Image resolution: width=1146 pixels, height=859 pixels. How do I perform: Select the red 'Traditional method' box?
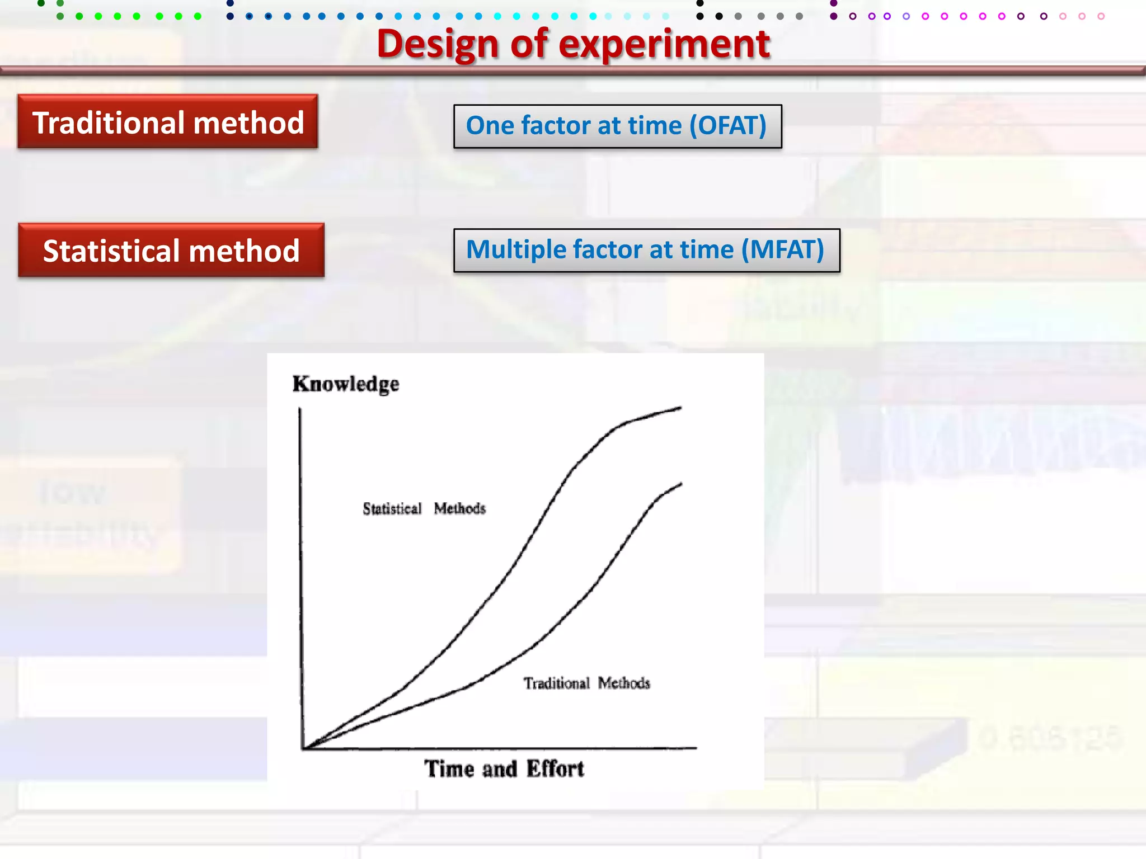pos(167,122)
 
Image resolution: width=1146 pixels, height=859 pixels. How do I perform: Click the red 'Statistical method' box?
pos(171,250)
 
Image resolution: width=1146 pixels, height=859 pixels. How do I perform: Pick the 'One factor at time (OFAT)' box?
pos(617,126)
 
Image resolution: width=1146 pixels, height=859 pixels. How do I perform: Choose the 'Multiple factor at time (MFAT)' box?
pos(646,250)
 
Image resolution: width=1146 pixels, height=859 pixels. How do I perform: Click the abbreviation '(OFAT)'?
pos(727,126)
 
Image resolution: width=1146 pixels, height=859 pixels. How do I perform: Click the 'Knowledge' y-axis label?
pos(346,384)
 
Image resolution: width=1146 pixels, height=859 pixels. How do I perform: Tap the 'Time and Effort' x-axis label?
pos(504,769)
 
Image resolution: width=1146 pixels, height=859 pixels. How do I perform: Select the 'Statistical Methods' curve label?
pos(424,508)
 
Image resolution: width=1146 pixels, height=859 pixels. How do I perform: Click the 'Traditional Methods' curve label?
pos(586,683)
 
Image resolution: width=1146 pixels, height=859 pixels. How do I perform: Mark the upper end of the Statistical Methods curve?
pos(680,408)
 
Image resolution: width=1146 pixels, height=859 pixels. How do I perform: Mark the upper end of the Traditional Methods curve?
pos(681,484)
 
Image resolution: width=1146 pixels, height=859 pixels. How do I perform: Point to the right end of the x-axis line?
pos(696,747)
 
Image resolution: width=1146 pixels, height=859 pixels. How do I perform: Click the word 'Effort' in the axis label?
pos(555,769)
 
